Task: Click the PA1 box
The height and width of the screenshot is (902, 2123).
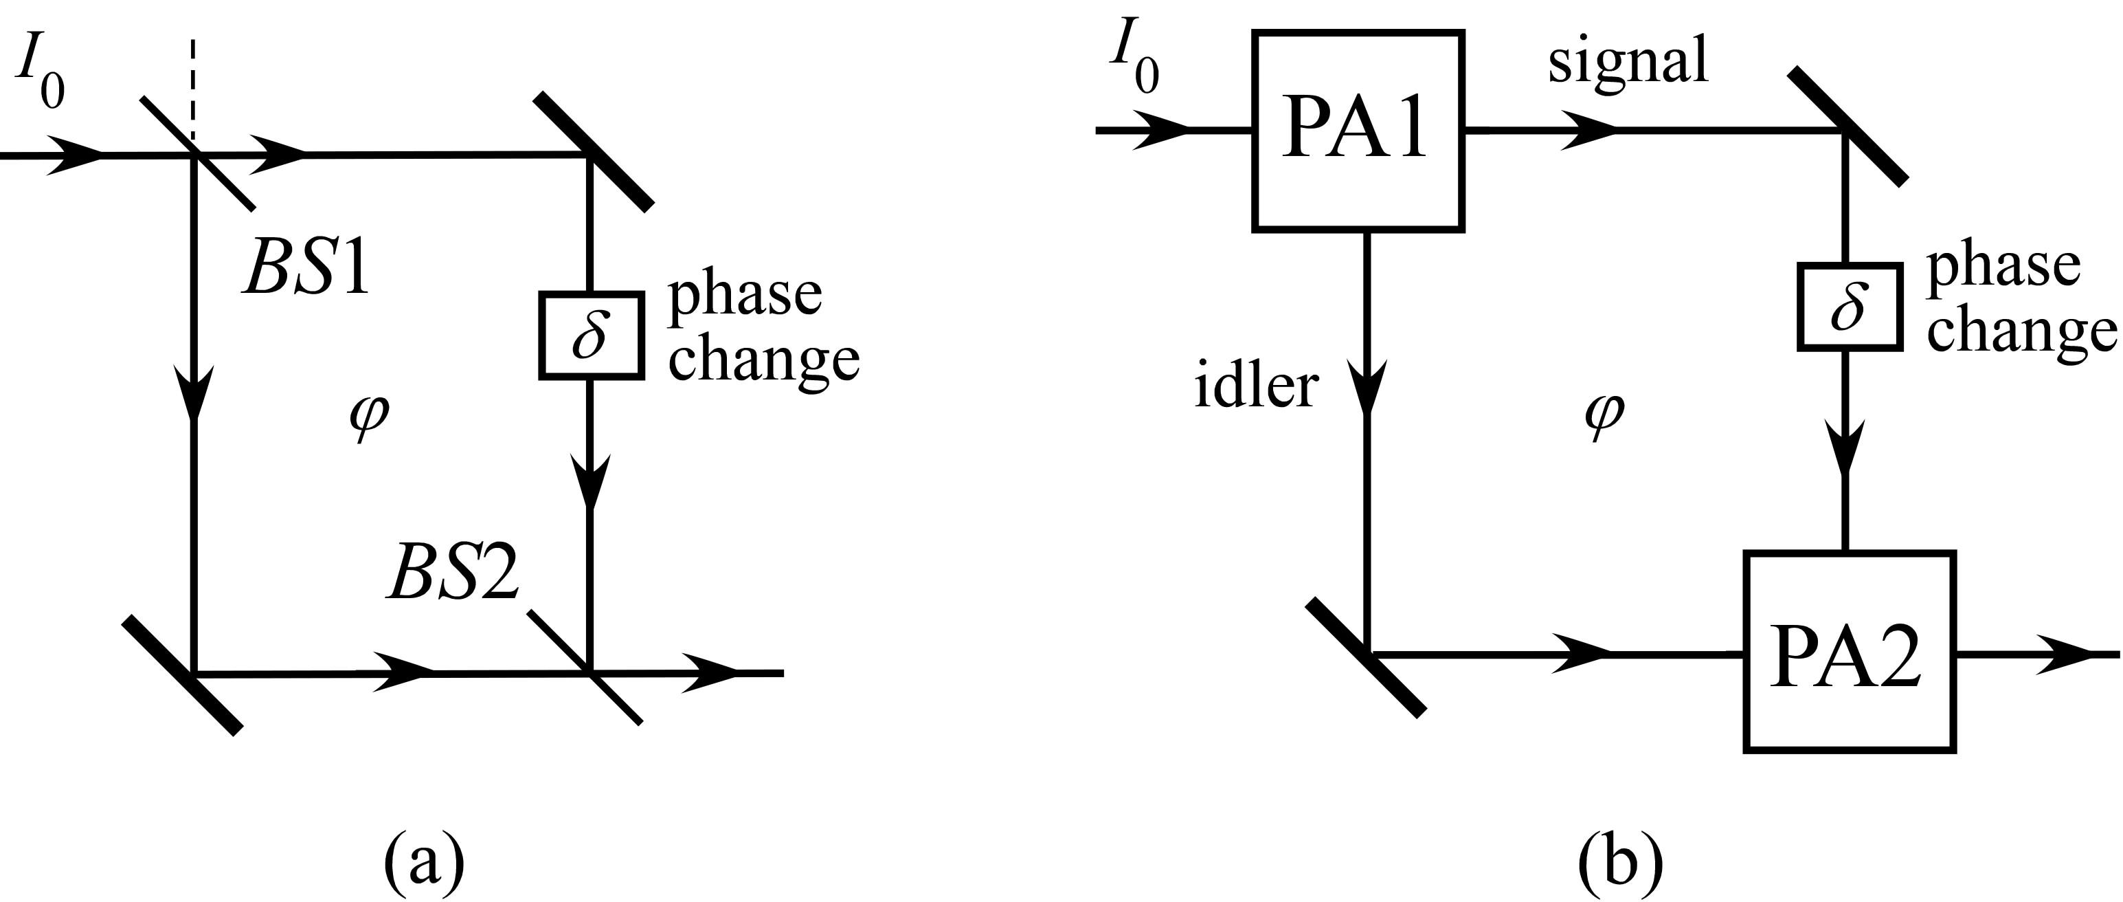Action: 1358,130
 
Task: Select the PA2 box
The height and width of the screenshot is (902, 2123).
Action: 1849,651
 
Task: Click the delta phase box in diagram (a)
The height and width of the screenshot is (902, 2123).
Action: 591,335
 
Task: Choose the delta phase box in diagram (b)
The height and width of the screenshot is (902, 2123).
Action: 1850,307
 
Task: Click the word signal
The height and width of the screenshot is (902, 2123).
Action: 1628,63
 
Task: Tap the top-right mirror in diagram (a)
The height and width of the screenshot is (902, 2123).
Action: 592,153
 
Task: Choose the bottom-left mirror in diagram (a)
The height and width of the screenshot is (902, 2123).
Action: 182,673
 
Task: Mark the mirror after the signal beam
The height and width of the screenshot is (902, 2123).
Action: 1847,125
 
